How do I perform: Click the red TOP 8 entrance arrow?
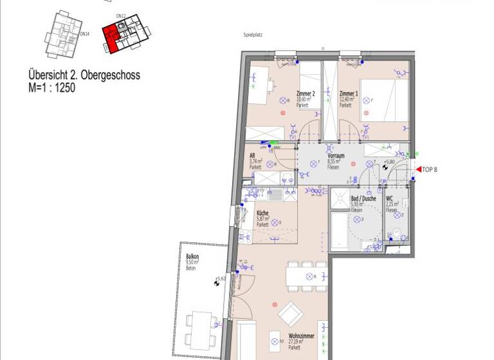pyautogui.click(x=419, y=170)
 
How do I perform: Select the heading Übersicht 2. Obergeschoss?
pyautogui.click(x=84, y=75)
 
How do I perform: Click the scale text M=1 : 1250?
pyautogui.click(x=52, y=88)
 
